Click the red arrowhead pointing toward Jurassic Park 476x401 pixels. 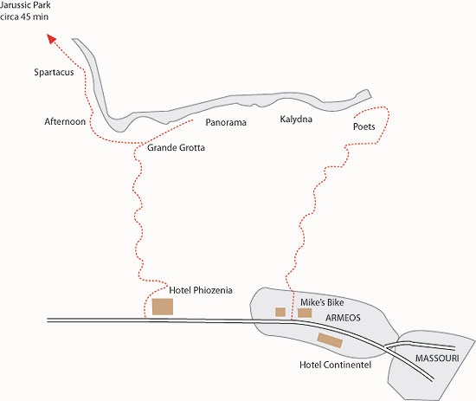(x=52, y=38)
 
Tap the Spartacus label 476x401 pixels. (x=54, y=72)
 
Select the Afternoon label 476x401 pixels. (x=65, y=121)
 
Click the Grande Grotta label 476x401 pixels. (x=176, y=147)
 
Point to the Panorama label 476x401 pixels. (x=226, y=122)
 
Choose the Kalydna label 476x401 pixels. (x=296, y=119)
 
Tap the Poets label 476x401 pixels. (x=364, y=126)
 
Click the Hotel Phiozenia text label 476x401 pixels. (x=201, y=290)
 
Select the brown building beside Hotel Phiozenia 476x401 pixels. (x=163, y=307)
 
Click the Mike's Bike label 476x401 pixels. (x=322, y=302)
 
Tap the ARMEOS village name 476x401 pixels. (x=343, y=318)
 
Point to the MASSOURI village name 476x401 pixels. (x=437, y=359)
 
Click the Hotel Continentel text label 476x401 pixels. (x=335, y=365)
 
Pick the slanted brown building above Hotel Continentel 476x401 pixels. (x=330, y=340)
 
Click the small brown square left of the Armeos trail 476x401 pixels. (x=280, y=312)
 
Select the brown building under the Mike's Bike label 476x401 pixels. (x=305, y=313)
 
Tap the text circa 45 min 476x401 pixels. (x=24, y=16)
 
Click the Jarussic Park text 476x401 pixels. (x=25, y=5)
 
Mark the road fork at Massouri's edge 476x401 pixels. (x=386, y=346)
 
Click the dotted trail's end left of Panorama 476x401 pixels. (x=192, y=120)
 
